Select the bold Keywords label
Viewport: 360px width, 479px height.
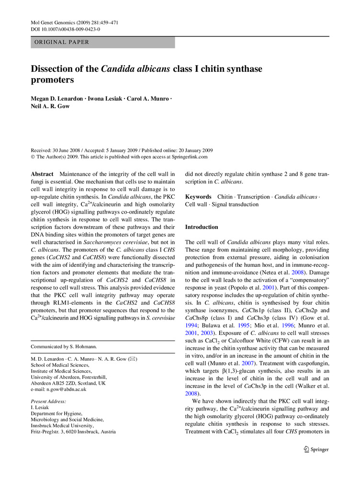(x=198, y=197)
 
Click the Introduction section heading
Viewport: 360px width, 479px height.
(x=202, y=227)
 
